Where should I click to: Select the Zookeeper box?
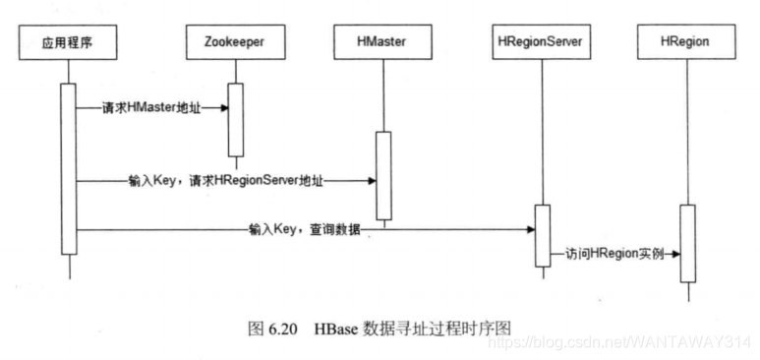(235, 41)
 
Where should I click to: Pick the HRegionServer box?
(541, 41)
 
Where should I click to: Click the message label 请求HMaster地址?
(151, 107)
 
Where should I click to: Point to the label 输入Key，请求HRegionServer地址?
(225, 181)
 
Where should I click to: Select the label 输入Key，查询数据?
(305, 229)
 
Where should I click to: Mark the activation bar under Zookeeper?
(235, 119)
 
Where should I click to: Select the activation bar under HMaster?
(382, 177)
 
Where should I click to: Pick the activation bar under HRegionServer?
(542, 235)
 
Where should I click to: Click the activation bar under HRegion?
(688, 243)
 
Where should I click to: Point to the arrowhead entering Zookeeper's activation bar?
(224, 107)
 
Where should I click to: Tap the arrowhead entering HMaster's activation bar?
(372, 181)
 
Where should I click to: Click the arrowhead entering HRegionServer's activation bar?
(531, 229)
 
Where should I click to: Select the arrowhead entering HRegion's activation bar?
(676, 253)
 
